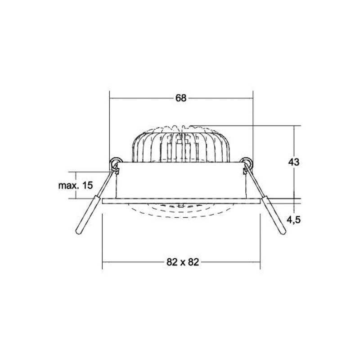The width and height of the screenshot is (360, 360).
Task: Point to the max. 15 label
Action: tap(76, 185)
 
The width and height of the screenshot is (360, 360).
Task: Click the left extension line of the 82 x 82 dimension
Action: tap(103, 238)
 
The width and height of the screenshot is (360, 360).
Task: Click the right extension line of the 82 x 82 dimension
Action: tap(260, 238)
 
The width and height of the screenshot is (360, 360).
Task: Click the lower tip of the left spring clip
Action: tap(79, 232)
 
